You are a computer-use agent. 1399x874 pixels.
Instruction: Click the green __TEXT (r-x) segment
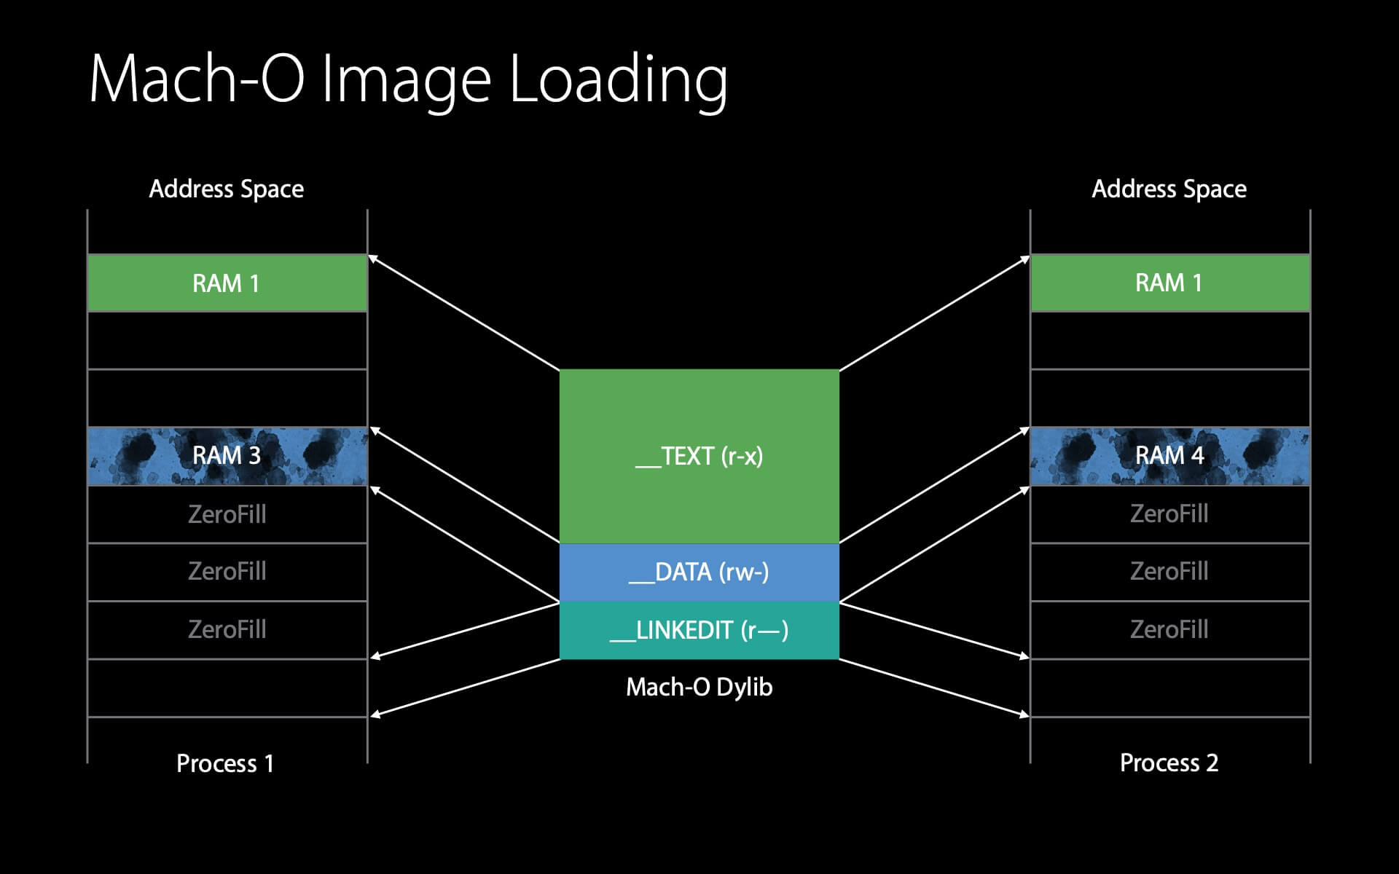click(x=699, y=456)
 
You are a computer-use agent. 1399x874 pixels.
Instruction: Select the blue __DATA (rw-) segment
click(x=699, y=572)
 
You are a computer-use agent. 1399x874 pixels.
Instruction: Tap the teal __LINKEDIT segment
click(x=699, y=630)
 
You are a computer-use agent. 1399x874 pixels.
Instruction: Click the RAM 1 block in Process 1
click(x=227, y=283)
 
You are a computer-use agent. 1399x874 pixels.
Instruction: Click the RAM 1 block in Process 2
click(x=1169, y=283)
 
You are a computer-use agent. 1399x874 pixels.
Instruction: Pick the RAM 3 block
click(x=227, y=456)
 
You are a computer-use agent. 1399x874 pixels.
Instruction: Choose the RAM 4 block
click(x=1169, y=456)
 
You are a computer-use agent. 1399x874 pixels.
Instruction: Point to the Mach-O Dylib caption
click(x=699, y=687)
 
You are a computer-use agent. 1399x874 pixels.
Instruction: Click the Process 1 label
click(x=225, y=763)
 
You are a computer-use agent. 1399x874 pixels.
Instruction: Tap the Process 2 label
click(x=1169, y=763)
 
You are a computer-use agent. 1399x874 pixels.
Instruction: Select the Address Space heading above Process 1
click(x=227, y=189)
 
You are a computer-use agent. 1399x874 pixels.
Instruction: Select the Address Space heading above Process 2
click(x=1169, y=189)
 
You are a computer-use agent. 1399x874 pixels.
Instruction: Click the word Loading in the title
click(x=618, y=80)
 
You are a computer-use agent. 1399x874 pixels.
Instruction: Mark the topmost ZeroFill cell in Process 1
click(x=227, y=514)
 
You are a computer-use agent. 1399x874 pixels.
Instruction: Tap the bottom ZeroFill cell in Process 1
click(x=227, y=629)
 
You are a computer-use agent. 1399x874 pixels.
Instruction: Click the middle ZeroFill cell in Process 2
click(x=1169, y=571)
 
